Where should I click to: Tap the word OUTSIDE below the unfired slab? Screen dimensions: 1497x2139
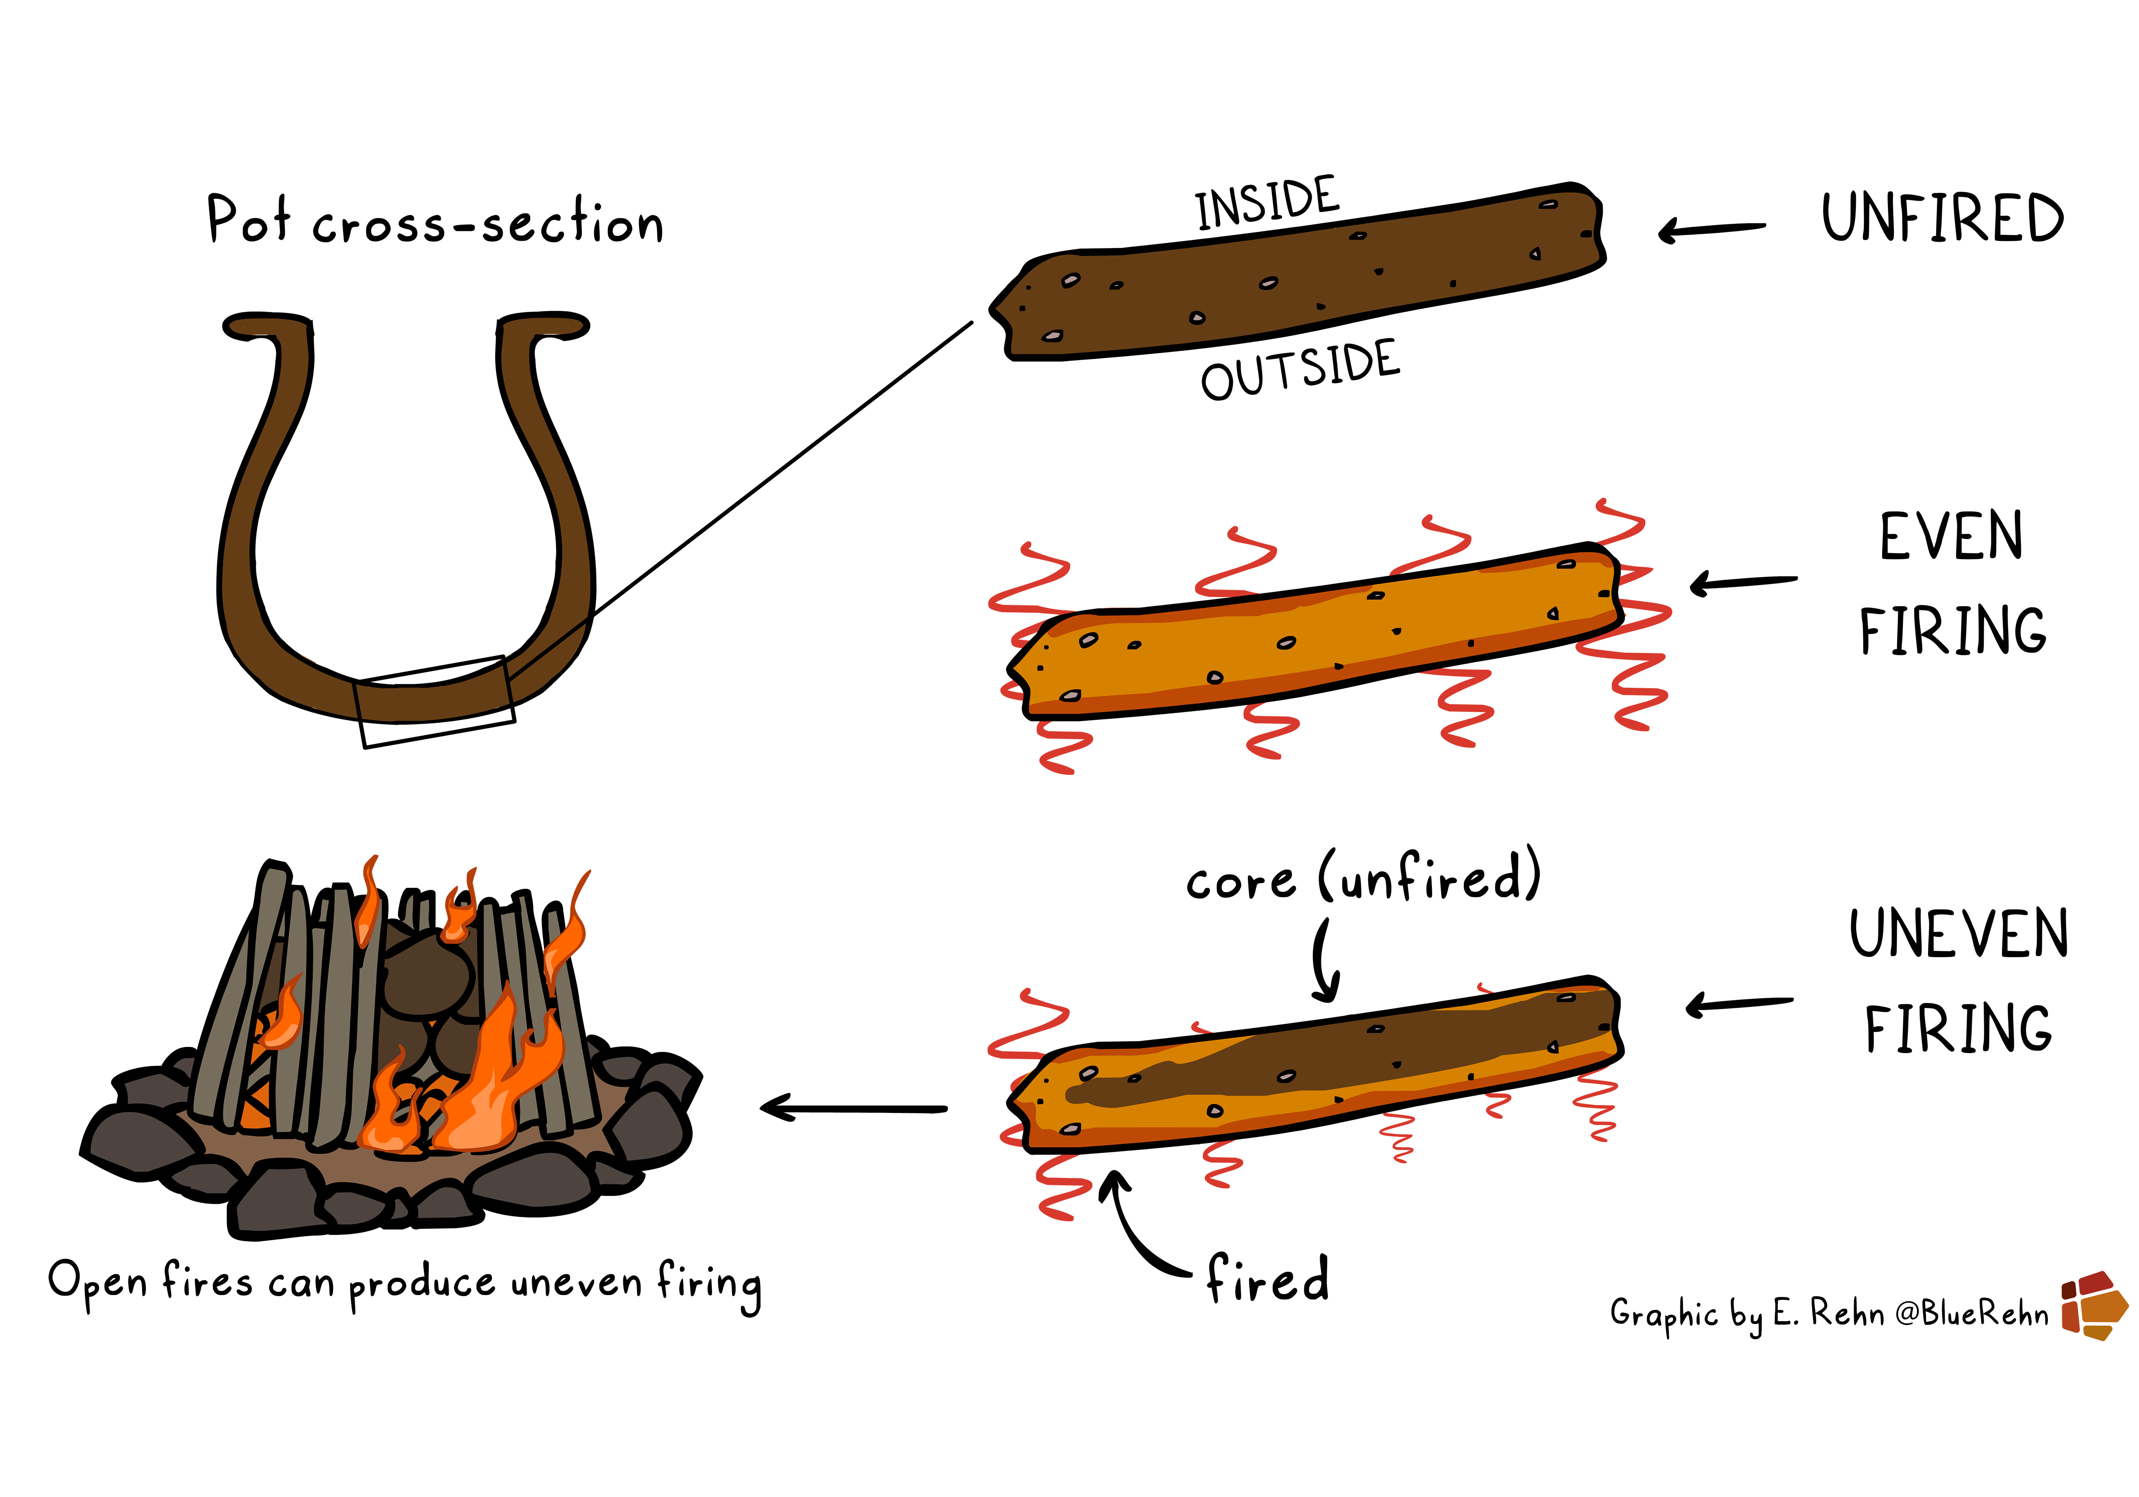click(x=1301, y=371)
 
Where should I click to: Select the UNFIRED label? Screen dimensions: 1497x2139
click(x=1943, y=219)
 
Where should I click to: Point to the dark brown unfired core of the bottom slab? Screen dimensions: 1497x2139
click(x=1351, y=1062)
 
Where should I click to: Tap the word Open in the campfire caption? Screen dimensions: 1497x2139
click(x=98, y=1283)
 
